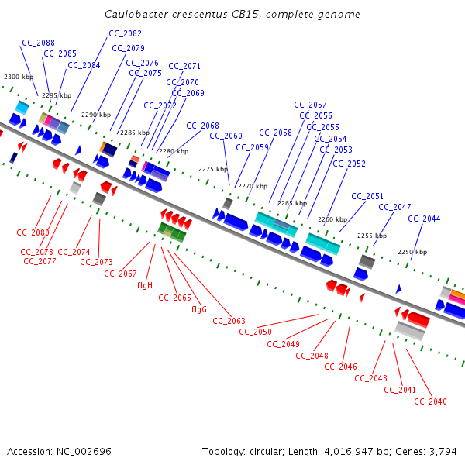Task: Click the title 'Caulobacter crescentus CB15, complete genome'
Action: point(232,15)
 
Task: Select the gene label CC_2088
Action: point(38,43)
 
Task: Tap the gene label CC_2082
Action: point(125,33)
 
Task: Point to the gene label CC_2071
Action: point(184,66)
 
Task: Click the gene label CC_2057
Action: point(310,105)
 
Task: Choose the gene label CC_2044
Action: point(424,219)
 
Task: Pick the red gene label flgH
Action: point(145,285)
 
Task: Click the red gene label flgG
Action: point(199,309)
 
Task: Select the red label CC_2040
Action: point(430,401)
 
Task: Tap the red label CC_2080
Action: point(33,232)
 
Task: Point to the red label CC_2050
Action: point(255,332)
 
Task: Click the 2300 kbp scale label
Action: point(19,77)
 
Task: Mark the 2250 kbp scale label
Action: point(412,252)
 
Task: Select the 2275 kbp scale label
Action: point(213,168)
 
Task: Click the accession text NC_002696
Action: point(59,451)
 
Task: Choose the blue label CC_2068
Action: point(202,126)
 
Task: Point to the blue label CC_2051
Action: point(367,196)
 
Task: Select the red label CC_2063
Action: point(229,321)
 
